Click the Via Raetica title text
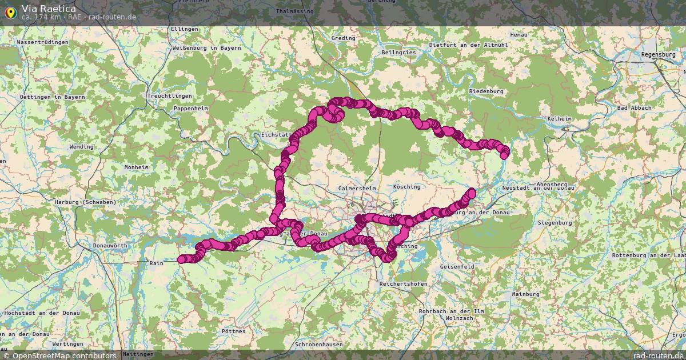point(49,8)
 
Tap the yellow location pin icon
point(10,11)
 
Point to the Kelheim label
point(559,118)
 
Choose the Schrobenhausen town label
point(319,345)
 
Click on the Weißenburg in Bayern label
point(206,48)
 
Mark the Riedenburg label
point(485,91)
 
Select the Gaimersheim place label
point(357,188)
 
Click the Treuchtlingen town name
point(169,95)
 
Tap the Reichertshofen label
point(403,284)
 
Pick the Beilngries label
point(398,52)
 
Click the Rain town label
point(156,263)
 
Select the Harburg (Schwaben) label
point(85,202)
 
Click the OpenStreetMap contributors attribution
point(63,355)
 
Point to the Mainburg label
point(525,294)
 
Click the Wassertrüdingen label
point(43,42)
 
